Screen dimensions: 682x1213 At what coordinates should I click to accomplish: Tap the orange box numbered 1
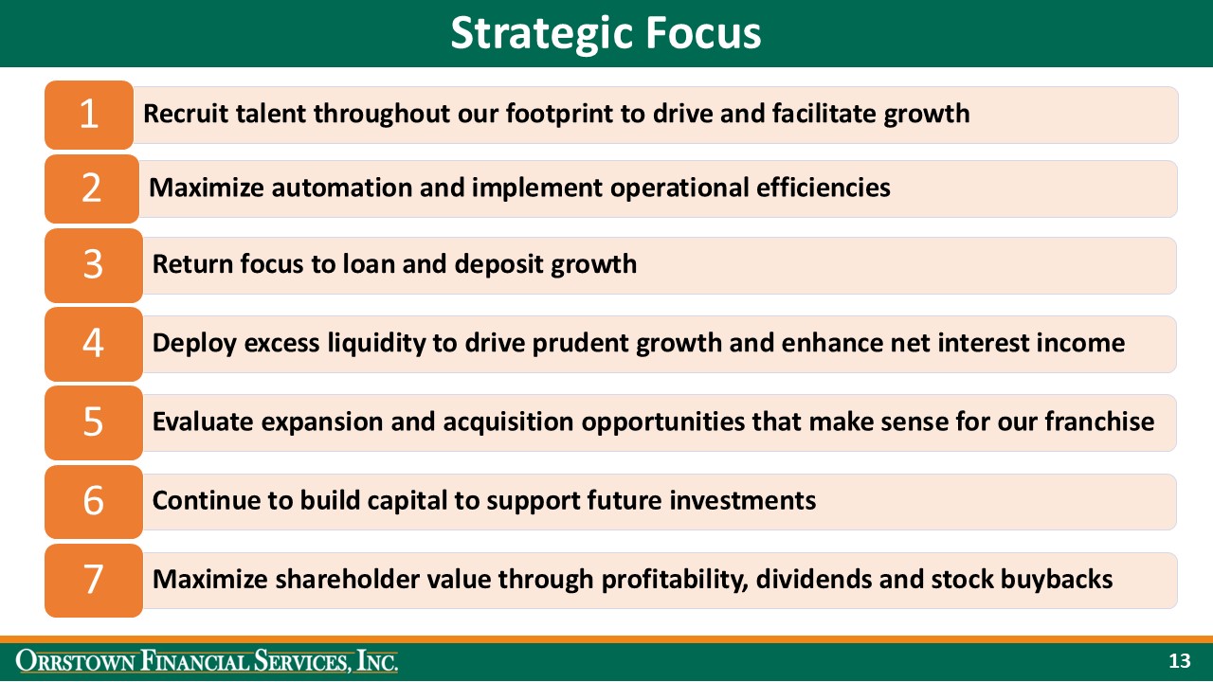point(89,115)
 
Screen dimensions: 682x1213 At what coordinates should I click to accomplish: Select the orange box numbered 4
point(93,343)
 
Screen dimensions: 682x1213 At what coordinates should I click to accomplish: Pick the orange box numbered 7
point(93,580)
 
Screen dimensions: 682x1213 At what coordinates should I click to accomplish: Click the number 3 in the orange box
point(92,264)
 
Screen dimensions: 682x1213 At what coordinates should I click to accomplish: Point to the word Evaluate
point(203,422)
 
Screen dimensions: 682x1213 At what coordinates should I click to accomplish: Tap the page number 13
point(1179,661)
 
